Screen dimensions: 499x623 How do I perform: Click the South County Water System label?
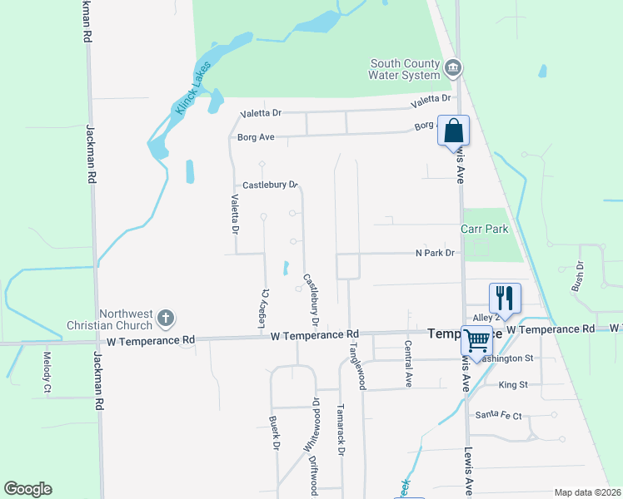405,70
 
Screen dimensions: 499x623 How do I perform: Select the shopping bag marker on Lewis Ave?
453,131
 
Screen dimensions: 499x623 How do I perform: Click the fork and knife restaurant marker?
505,298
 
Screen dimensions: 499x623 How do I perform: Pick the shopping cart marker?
476,339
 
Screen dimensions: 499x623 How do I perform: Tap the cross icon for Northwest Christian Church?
166,317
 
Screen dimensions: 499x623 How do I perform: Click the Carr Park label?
485,228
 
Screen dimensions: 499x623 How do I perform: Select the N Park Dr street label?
436,253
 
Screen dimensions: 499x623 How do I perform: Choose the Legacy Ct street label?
267,304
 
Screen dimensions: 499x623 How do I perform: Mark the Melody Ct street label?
47,372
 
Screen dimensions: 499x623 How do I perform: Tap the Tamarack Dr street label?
341,430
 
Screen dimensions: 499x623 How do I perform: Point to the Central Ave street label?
408,363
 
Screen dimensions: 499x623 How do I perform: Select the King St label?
513,385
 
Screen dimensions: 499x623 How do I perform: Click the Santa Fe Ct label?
498,415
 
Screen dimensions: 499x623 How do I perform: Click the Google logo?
27,489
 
